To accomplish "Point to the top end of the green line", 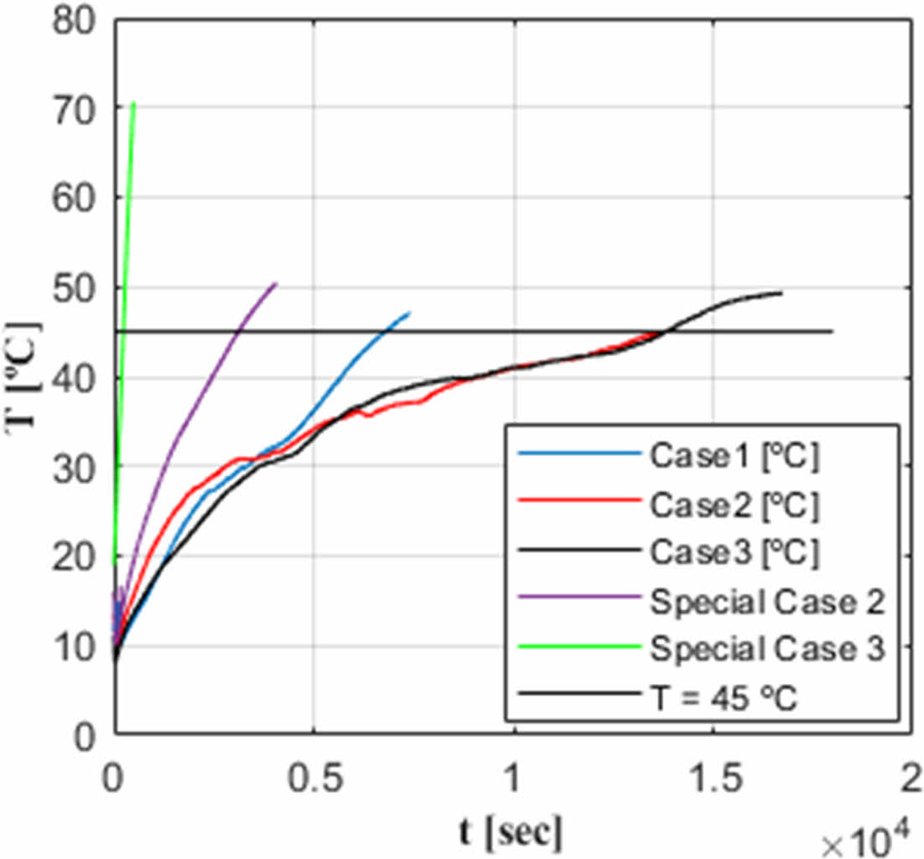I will pos(133,104).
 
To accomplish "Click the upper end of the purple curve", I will pos(275,284).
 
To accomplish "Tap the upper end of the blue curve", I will pos(409,313).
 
